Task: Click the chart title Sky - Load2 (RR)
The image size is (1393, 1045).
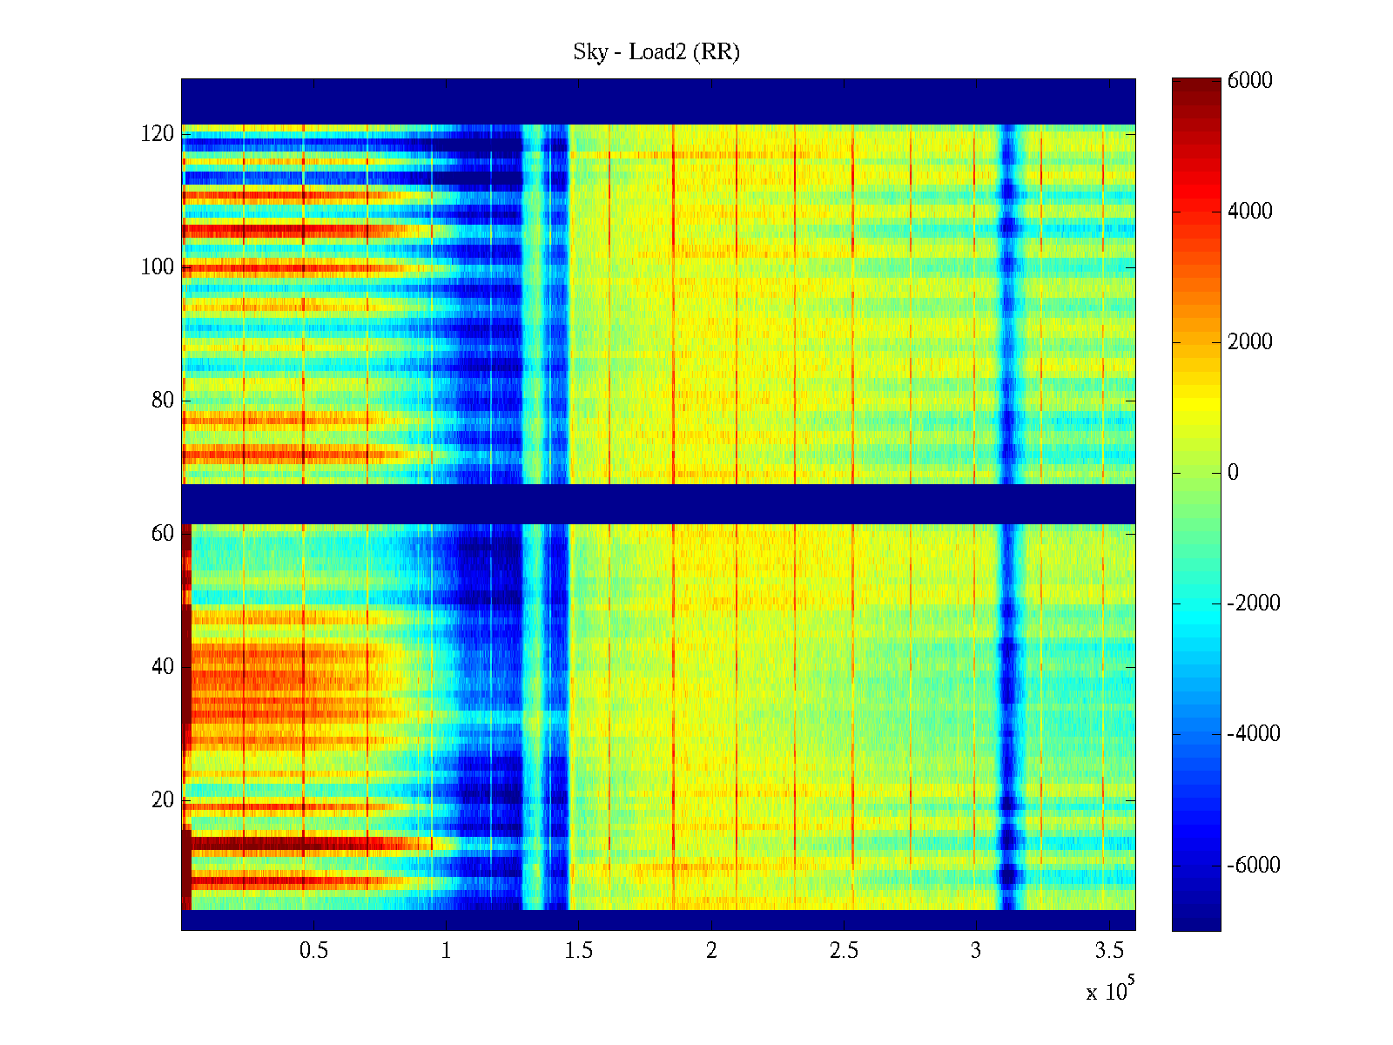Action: (x=656, y=52)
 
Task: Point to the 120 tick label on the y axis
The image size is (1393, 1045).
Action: (x=157, y=134)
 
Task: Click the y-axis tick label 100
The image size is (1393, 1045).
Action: (x=157, y=267)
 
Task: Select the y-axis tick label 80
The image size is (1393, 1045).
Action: (x=162, y=401)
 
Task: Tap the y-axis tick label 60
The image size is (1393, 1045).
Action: (x=162, y=534)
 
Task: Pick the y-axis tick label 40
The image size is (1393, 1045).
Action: (x=162, y=667)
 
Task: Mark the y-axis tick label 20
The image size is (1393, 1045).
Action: (x=162, y=800)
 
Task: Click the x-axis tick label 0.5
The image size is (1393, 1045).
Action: (x=313, y=951)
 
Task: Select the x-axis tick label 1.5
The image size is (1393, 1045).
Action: (x=579, y=951)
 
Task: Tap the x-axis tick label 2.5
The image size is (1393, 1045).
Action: (x=844, y=951)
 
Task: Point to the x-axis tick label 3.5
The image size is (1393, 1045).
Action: (x=1109, y=951)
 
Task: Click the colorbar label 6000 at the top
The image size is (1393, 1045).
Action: (x=1249, y=81)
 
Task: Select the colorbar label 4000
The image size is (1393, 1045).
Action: (x=1249, y=212)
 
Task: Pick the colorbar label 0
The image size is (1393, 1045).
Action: (x=1233, y=473)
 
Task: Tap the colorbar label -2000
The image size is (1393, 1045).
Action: (x=1253, y=603)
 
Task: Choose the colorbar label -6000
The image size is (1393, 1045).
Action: (x=1253, y=865)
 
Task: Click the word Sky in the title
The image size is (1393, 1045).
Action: (x=589, y=52)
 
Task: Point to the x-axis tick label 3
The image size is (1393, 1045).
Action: (x=976, y=951)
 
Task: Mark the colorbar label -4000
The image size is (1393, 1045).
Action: (x=1253, y=734)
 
